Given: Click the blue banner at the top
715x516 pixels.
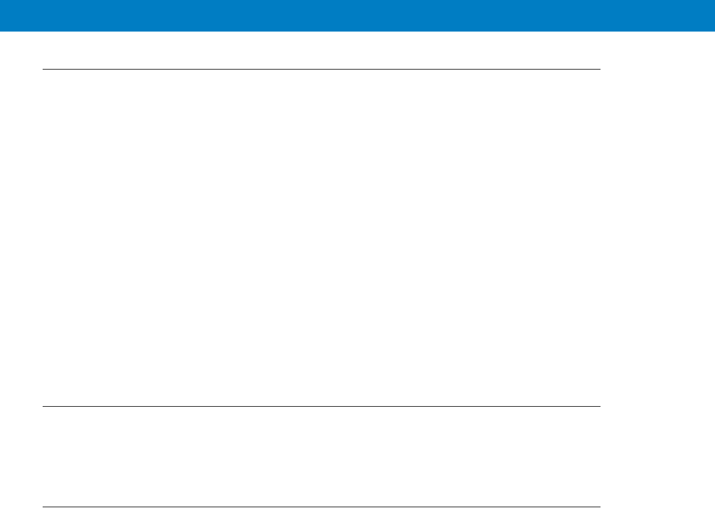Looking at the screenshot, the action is (x=357, y=15).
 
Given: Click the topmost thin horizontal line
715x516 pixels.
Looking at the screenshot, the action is (x=322, y=70).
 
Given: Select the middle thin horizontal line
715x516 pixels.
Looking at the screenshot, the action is (x=322, y=406).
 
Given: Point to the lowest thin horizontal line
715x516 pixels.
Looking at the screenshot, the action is (x=322, y=507).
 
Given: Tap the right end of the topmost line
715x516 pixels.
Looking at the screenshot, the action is (x=600, y=70).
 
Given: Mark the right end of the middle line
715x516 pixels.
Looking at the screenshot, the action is (x=600, y=406).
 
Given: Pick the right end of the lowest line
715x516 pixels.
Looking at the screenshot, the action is (x=600, y=507).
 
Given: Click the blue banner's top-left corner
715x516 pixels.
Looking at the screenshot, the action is (x=1, y=1).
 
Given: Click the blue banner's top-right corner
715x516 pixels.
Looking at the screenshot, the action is (x=714, y=1).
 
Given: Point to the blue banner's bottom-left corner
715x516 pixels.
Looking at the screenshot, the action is (x=1, y=30).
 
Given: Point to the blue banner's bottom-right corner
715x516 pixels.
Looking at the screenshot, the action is (x=714, y=30).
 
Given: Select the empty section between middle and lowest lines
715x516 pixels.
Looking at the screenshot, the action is (x=322, y=456).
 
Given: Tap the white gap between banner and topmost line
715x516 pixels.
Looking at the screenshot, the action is (x=322, y=50).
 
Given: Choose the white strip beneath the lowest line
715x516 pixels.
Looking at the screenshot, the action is (x=322, y=511).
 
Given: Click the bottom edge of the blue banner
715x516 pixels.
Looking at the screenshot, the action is (x=357, y=30).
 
